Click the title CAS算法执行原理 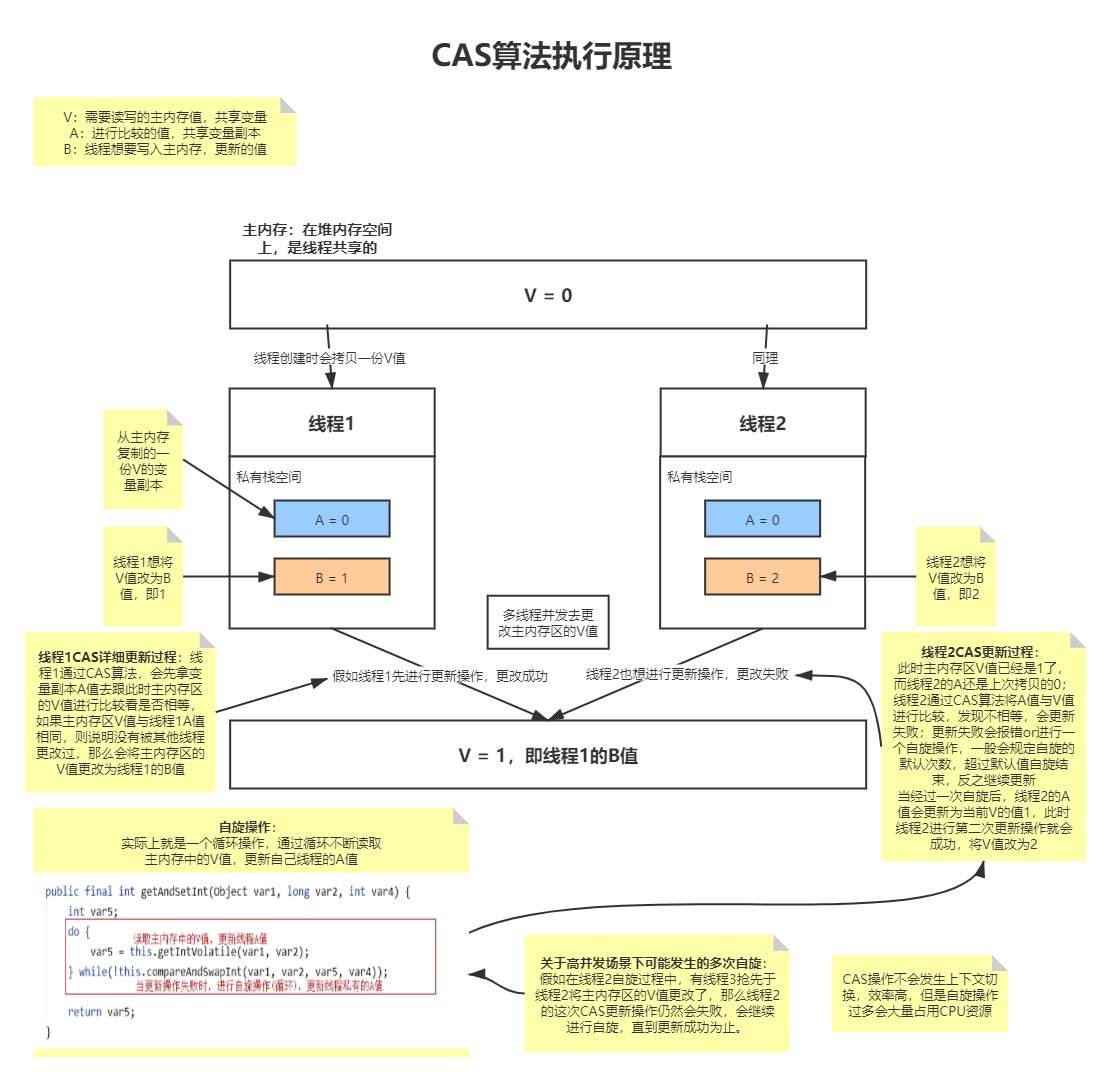(551, 55)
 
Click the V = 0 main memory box (548, 295)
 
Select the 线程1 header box (332, 423)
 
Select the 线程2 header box (762, 423)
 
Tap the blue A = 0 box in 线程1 (332, 519)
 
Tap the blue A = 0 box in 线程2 (762, 519)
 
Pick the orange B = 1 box (332, 577)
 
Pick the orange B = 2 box (762, 577)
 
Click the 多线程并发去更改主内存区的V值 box (548, 622)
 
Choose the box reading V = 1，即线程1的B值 (548, 755)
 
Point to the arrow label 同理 (765, 358)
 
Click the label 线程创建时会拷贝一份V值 (329, 358)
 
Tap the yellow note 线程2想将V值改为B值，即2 (956, 577)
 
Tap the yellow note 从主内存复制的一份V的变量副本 (143, 460)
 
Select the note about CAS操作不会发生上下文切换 (920, 995)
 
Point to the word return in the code (84, 1012)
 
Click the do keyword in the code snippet (74, 932)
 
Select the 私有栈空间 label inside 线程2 (699, 477)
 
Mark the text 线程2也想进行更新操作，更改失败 (687, 674)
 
